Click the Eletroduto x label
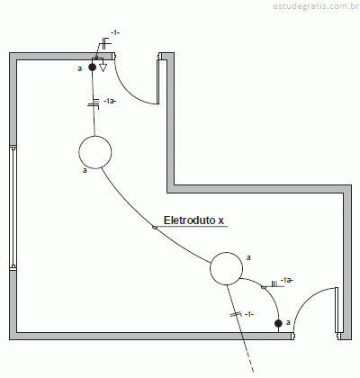(x=193, y=220)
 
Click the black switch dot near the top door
(x=93, y=67)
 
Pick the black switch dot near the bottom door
(x=278, y=323)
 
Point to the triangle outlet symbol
(x=103, y=67)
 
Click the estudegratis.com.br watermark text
(x=316, y=6)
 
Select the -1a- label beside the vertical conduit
(x=109, y=101)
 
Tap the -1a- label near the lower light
(x=287, y=280)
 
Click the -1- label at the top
(x=115, y=32)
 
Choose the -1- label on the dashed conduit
(x=249, y=314)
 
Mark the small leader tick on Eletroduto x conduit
(x=155, y=228)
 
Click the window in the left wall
(x=13, y=207)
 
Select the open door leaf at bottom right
(x=337, y=310)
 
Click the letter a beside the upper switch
(x=79, y=68)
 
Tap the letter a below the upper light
(x=85, y=170)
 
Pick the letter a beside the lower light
(x=248, y=257)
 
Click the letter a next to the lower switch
(x=288, y=322)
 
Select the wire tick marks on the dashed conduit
(x=236, y=314)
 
